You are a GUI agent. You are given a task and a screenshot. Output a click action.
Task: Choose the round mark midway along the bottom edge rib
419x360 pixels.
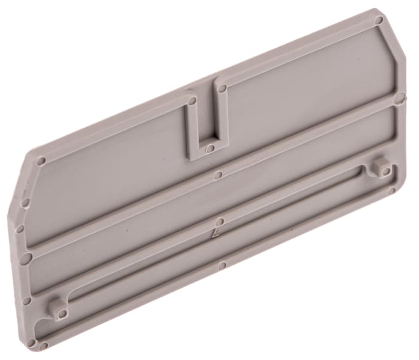point(222,265)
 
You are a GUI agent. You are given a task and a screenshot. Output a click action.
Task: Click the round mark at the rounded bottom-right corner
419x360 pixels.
point(392,191)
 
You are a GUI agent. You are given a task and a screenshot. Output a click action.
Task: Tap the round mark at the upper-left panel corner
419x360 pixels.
point(41,161)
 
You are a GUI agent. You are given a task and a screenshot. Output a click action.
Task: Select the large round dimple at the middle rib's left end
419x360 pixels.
point(27,258)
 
